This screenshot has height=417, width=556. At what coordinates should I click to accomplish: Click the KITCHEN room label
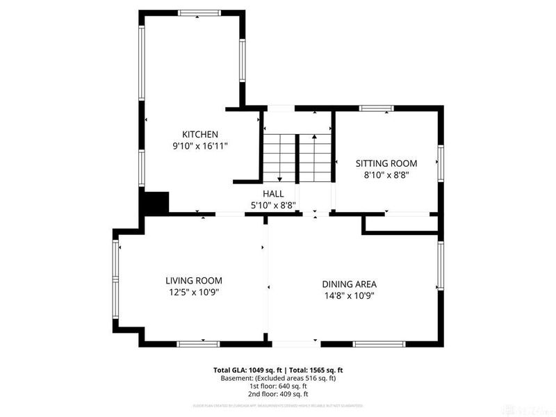click(x=200, y=134)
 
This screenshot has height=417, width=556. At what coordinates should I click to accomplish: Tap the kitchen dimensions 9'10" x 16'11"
click(x=200, y=146)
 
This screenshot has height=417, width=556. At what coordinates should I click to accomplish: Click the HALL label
click(x=272, y=194)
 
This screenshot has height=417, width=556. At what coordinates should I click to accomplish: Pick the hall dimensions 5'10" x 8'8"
click(x=272, y=205)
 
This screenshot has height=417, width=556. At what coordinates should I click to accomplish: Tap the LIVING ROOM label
click(x=194, y=281)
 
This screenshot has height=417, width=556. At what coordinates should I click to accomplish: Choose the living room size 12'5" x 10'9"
click(x=194, y=292)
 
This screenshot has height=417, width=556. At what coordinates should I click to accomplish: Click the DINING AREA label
click(x=349, y=284)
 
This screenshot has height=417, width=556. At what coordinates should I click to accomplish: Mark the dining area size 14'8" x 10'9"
click(x=349, y=295)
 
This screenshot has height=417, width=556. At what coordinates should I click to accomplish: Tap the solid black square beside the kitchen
click(x=155, y=203)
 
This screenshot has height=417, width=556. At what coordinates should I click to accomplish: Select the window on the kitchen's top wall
click(x=199, y=13)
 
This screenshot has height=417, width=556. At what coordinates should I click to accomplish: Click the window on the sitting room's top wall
click(x=377, y=108)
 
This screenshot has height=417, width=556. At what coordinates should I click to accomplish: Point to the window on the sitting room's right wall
click(x=439, y=164)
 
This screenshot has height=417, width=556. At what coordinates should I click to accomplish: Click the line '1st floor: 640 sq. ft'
click(x=278, y=386)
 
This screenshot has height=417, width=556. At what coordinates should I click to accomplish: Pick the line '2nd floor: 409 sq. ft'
click(x=278, y=394)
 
